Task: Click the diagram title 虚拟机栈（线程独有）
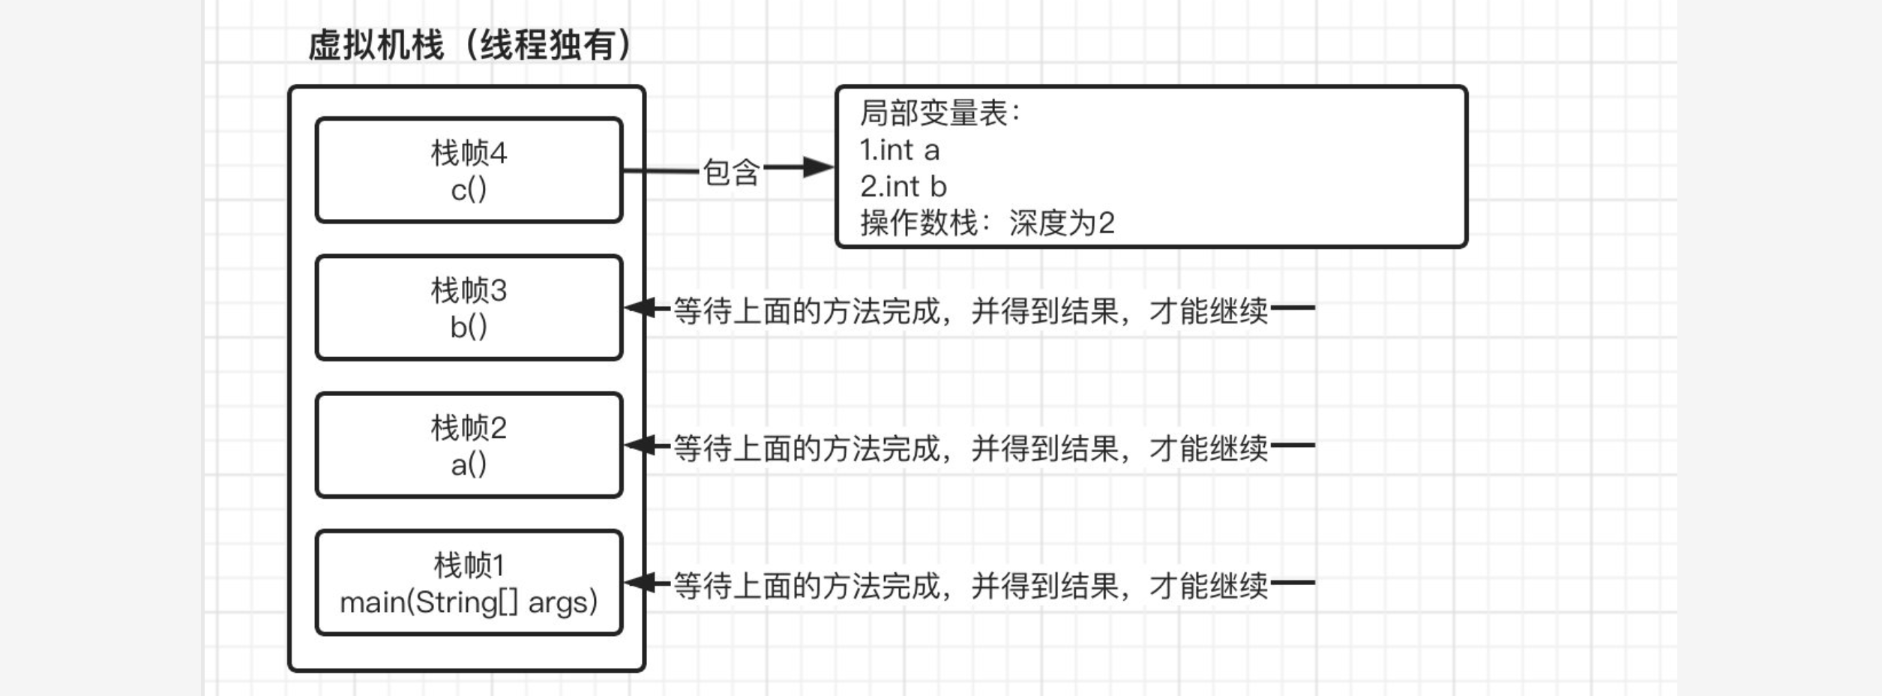[470, 45]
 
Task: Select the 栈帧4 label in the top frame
[469, 153]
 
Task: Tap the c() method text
[469, 190]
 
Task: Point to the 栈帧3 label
[469, 290]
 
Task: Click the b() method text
[469, 327]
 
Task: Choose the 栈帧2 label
[469, 428]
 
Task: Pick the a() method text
[469, 465]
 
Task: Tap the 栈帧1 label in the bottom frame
[469, 565]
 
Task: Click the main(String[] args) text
[469, 602]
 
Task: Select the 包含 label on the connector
[731, 172]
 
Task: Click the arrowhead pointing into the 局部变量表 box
[819, 167]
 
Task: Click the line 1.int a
[899, 150]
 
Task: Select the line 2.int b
[903, 186]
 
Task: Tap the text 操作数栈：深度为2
[987, 223]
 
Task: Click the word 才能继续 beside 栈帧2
[1208, 448]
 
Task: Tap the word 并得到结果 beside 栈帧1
[1044, 585]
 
